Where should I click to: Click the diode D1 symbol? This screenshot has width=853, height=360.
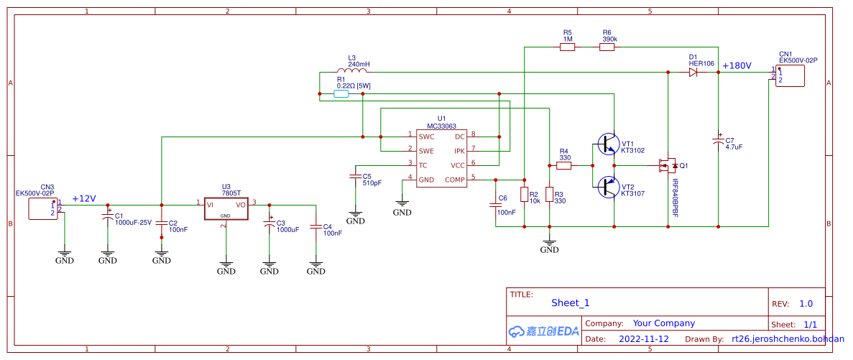pyautogui.click(x=693, y=72)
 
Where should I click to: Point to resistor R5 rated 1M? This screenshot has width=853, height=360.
pyautogui.click(x=568, y=47)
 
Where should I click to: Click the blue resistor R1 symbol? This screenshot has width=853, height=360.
pyautogui.click(x=342, y=93)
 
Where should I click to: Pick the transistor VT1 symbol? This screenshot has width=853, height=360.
pyautogui.click(x=608, y=144)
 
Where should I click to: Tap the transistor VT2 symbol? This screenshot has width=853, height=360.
pyautogui.click(x=608, y=188)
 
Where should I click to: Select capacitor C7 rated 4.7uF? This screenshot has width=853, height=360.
pyautogui.click(x=718, y=141)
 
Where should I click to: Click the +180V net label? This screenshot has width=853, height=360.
pyautogui.click(x=737, y=65)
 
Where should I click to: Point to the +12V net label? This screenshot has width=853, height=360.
pyautogui.click(x=83, y=199)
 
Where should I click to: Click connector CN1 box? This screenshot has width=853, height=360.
pyautogui.click(x=789, y=75)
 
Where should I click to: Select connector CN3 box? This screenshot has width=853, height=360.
pyautogui.click(x=42, y=209)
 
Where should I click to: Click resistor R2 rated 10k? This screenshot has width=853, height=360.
pyautogui.click(x=524, y=194)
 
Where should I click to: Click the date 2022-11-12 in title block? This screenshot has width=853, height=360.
pyautogui.click(x=644, y=338)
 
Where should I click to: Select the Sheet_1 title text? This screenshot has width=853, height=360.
pyautogui.click(x=570, y=303)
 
